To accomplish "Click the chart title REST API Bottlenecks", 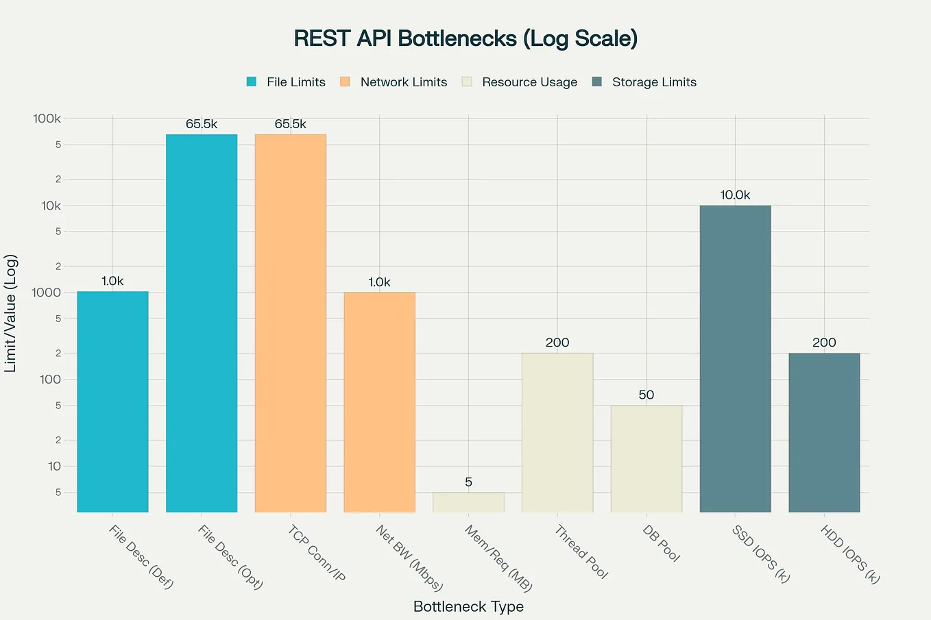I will pos(465,38).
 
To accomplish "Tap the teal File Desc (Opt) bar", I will pos(202,323).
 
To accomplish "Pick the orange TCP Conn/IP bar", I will pos(291,323).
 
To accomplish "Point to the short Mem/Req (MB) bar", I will pos(468,502).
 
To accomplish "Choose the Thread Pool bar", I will pos(557,432).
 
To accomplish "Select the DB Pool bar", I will pos(646,458).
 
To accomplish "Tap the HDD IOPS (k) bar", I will pos(824,432).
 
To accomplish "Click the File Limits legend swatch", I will pos(252,82).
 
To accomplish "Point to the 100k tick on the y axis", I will pos(47,119).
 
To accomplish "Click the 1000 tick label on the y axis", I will pos(47,293).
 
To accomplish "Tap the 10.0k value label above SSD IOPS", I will pos(735,195).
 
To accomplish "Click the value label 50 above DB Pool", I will pos(646,395).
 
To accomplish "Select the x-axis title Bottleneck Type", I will pos(468,606).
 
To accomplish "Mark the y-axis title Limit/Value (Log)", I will pos(10,313).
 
